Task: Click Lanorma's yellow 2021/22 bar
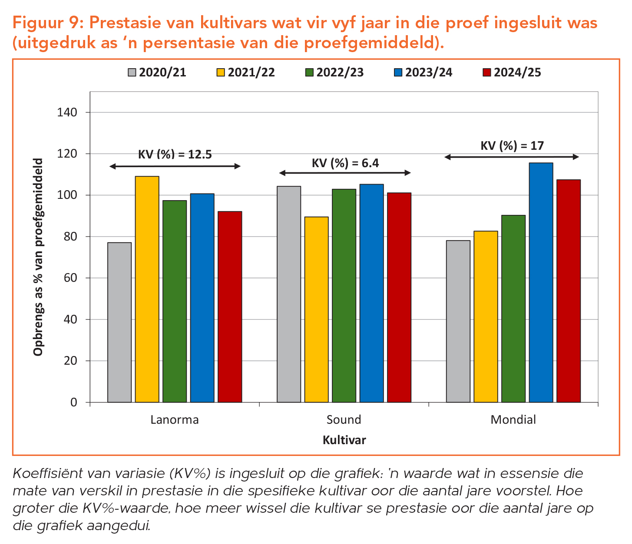click(x=147, y=289)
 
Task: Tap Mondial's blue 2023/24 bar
click(x=541, y=282)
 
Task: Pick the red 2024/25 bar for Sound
click(x=399, y=297)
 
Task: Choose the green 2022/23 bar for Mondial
click(x=513, y=309)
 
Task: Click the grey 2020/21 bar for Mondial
click(x=458, y=321)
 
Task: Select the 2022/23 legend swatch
click(x=310, y=73)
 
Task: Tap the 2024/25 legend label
click(x=517, y=73)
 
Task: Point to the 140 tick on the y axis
click(x=67, y=112)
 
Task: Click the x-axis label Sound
click(x=344, y=420)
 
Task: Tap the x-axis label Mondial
click(x=513, y=420)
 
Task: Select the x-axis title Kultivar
click(x=344, y=440)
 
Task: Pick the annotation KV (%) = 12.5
click(x=175, y=155)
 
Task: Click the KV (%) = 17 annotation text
click(x=512, y=145)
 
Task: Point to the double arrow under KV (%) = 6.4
click(x=344, y=173)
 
